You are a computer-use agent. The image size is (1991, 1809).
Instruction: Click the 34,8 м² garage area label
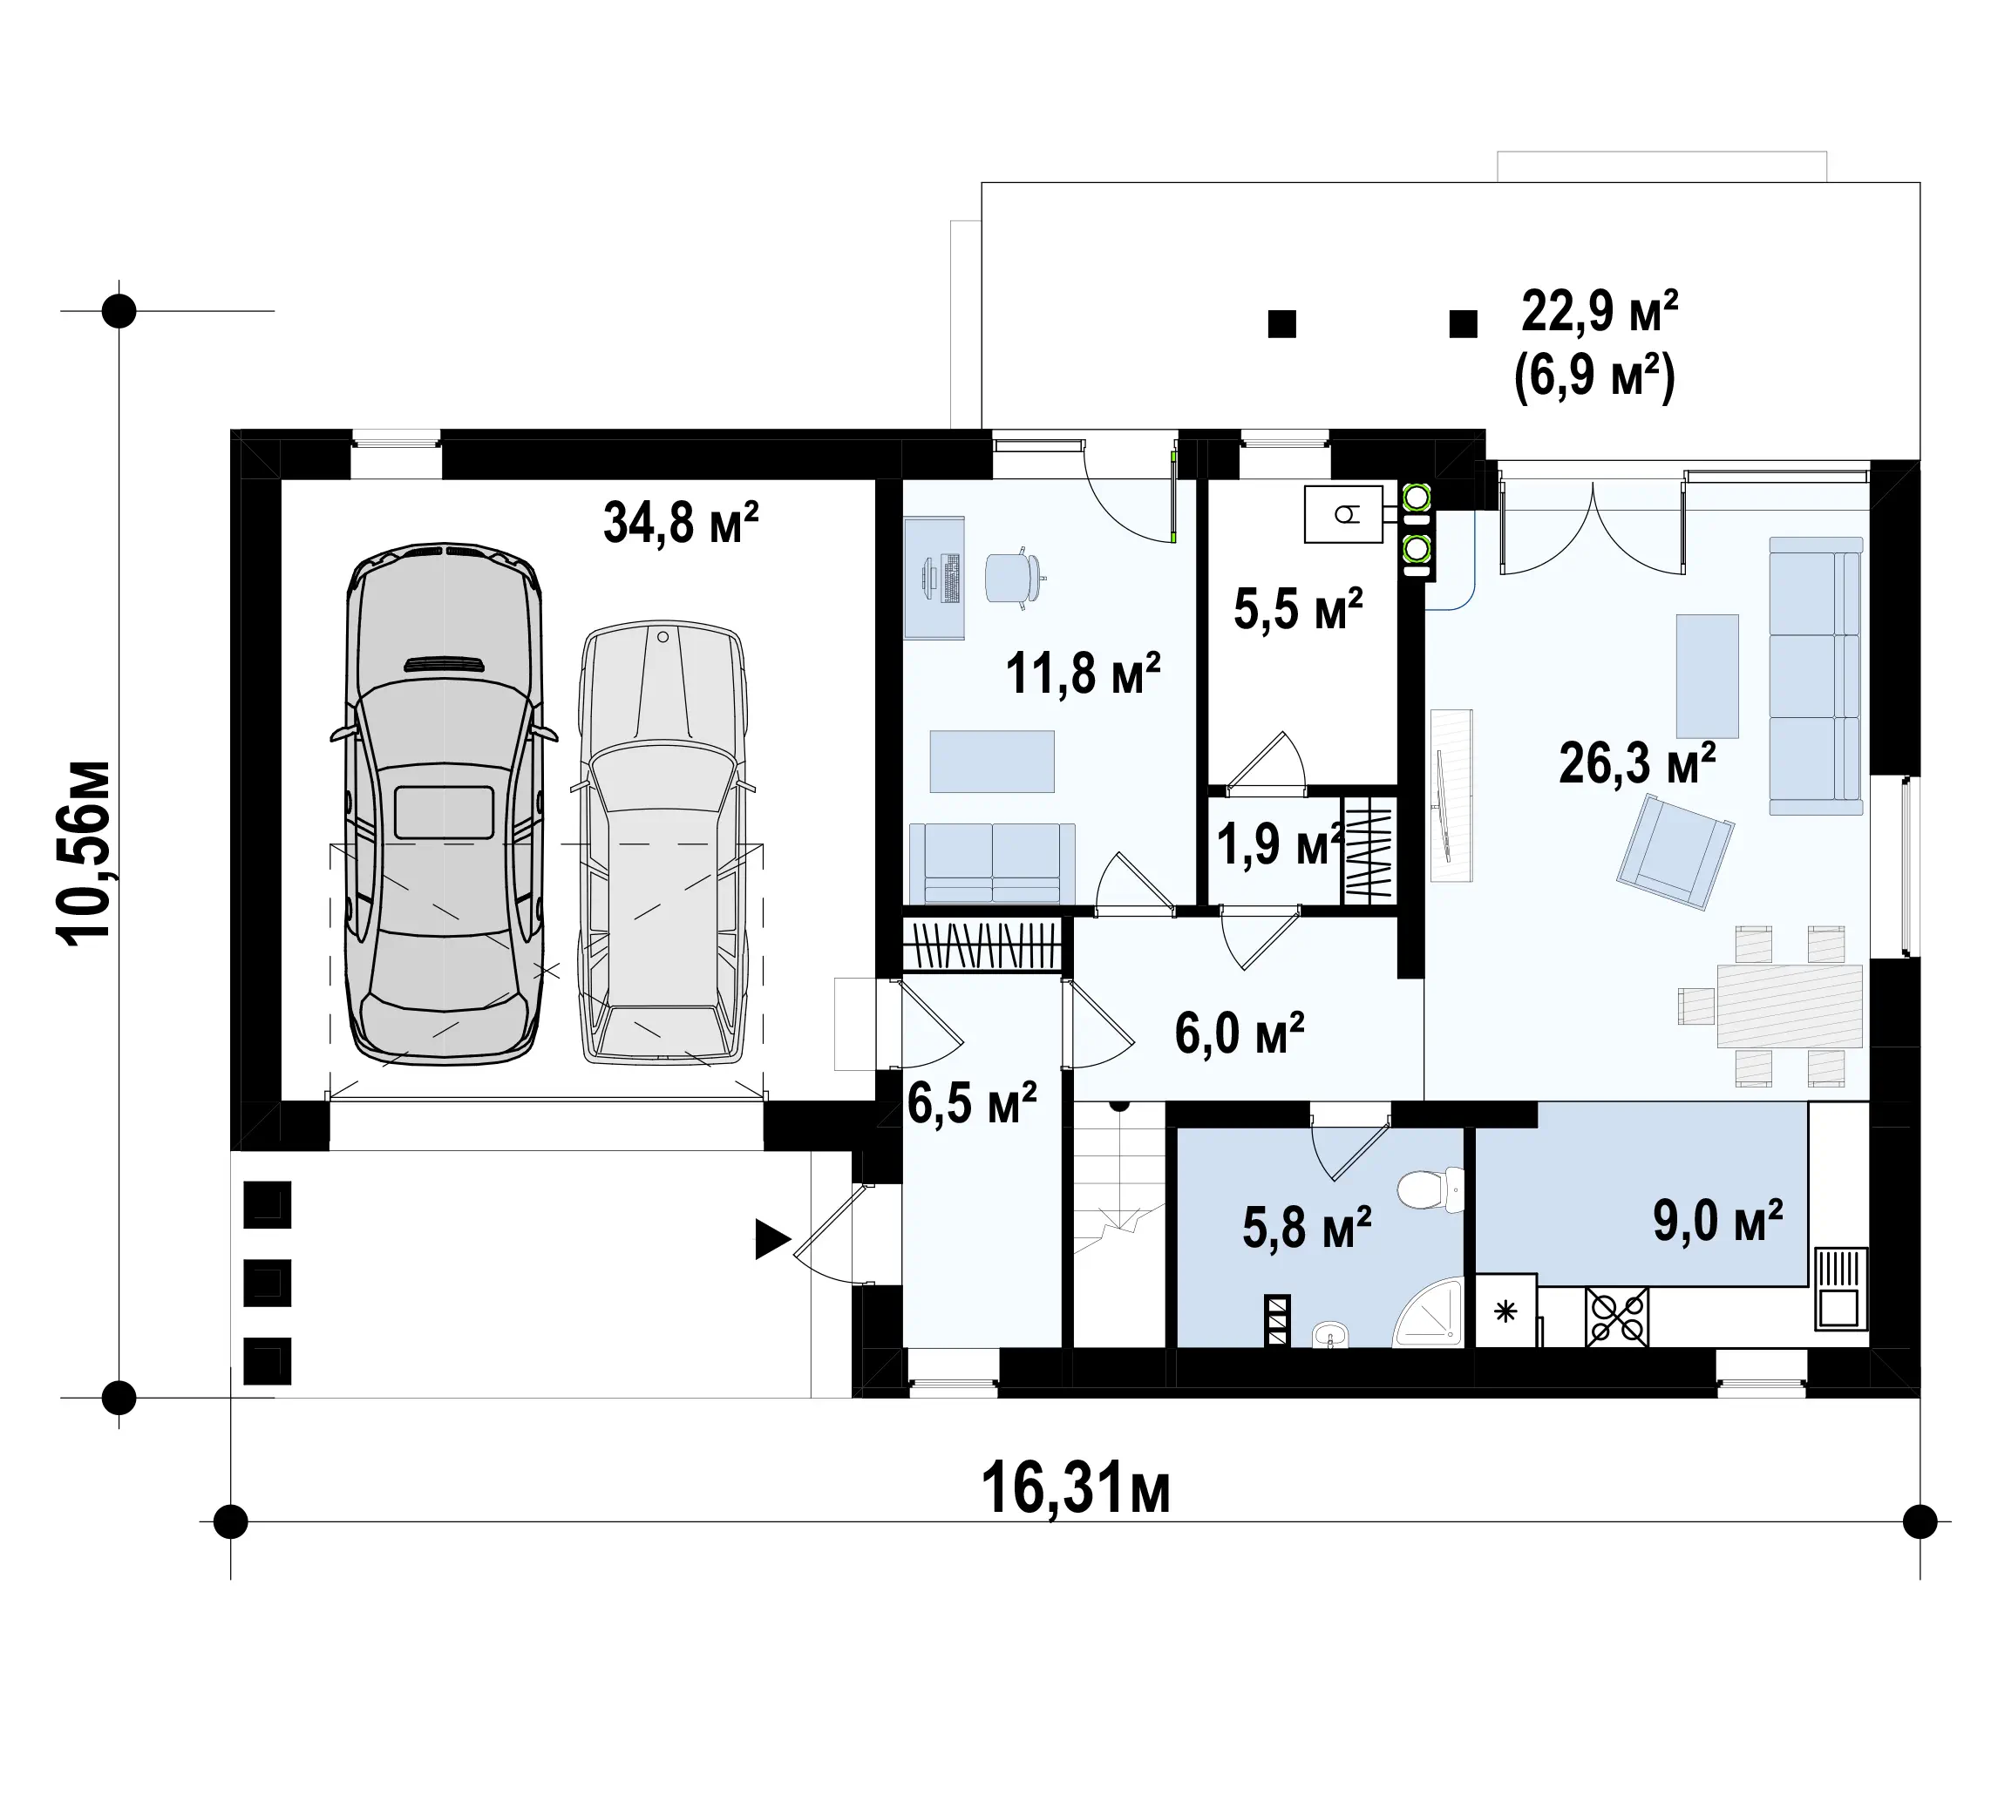[681, 522]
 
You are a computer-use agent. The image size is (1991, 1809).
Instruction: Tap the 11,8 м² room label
[1083, 674]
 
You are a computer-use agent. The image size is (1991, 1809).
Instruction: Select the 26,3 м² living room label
[1637, 762]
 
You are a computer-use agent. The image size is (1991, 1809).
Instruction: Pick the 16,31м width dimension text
[1076, 1489]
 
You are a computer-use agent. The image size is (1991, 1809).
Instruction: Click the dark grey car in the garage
[445, 803]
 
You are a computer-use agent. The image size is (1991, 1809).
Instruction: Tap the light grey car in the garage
[663, 844]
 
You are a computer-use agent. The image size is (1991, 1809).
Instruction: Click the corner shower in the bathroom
[1428, 1311]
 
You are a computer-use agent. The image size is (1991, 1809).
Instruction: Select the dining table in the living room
[1790, 1006]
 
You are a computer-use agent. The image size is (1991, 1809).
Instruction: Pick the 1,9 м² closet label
[1280, 844]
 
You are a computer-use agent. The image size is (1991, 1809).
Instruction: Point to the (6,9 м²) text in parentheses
[1595, 377]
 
